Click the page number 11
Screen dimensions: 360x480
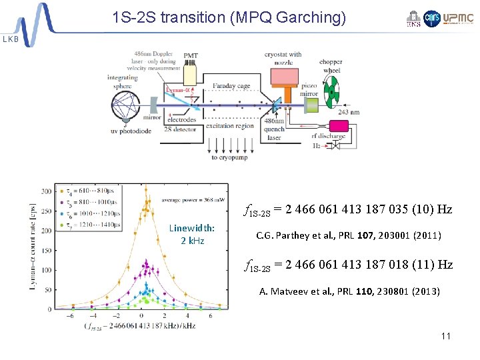[446, 335]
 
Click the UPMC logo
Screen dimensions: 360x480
[461, 19]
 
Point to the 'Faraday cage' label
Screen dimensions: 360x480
[232, 86]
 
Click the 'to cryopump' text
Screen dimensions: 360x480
[231, 157]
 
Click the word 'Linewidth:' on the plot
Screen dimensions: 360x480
[192, 227]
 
